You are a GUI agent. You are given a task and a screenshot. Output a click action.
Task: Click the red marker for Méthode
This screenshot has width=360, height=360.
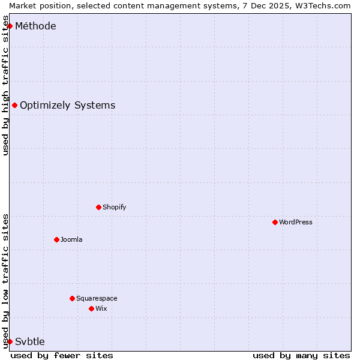(10, 26)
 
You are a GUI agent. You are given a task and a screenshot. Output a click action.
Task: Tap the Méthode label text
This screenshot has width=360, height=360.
(35, 26)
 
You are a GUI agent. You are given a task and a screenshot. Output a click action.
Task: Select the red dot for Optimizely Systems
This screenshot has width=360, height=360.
(14, 106)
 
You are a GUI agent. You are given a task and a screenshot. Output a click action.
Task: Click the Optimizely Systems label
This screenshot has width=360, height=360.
(67, 106)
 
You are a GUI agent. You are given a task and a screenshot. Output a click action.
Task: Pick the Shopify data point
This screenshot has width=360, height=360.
(98, 207)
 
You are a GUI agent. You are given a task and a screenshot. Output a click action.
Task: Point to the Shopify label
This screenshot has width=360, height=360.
(114, 207)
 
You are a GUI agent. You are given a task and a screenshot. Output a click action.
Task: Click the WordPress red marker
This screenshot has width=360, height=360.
(275, 222)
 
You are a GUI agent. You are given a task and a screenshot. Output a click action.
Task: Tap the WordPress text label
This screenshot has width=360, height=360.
(295, 222)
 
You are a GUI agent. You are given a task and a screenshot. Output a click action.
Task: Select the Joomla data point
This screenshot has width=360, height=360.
(56, 239)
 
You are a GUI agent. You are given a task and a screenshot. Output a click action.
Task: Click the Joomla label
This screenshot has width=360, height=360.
(71, 239)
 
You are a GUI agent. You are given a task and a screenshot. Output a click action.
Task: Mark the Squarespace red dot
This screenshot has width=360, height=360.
(72, 298)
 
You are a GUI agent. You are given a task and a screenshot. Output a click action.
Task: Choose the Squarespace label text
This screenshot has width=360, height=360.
(97, 298)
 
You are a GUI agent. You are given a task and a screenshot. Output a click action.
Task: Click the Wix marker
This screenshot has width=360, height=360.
(91, 308)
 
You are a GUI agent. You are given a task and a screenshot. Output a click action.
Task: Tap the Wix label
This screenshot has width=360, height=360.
(101, 308)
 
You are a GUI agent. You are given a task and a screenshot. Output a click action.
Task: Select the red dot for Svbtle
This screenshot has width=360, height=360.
(10, 341)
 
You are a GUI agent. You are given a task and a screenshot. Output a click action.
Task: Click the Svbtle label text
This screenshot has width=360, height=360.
(30, 341)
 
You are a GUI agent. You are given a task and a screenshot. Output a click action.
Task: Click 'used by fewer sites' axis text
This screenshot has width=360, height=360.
(62, 355)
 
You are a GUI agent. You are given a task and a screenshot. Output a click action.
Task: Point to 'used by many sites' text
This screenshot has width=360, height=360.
(301, 355)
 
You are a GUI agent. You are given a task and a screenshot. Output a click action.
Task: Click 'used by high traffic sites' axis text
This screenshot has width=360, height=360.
(6, 90)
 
